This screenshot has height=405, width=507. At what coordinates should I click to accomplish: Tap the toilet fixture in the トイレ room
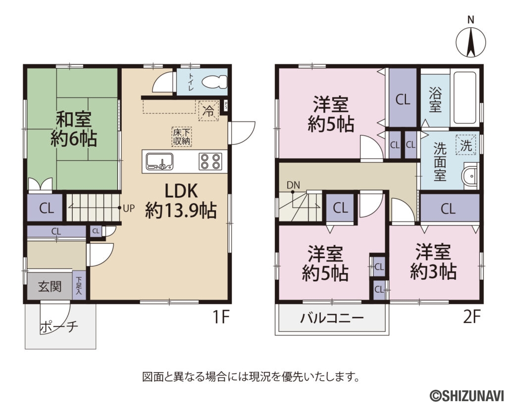pos(214,82)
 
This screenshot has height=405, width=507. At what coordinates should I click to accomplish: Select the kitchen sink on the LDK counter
pos(159,161)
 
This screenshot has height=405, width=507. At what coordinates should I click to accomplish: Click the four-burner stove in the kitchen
pos(210,161)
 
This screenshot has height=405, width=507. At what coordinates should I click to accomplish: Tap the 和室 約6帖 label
pos(73,129)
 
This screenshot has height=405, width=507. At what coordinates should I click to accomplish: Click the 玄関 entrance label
pos(50,286)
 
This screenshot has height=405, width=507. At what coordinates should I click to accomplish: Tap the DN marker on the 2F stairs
pos(293,185)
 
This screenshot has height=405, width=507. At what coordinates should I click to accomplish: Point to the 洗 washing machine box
pos(466,145)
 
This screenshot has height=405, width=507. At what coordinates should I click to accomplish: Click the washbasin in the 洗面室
pos(471,175)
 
